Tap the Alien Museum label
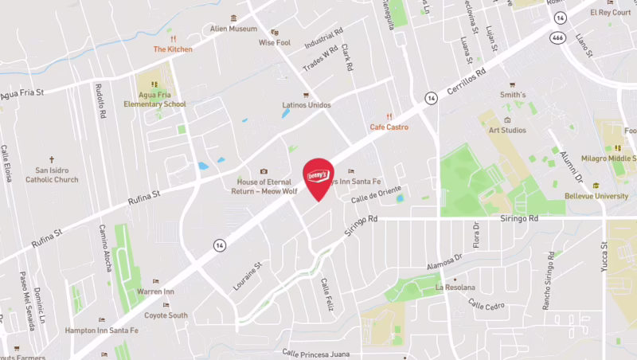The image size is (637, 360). pyautogui.click(x=233, y=29)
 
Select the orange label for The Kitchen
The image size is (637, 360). pyautogui.click(x=173, y=49)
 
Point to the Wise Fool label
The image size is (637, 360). pyautogui.click(x=274, y=42)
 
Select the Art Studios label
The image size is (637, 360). pyautogui.click(x=507, y=130)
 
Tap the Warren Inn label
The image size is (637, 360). pyautogui.click(x=156, y=292)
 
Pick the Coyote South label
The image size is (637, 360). pyautogui.click(x=166, y=315)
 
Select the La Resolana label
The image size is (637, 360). pyautogui.click(x=455, y=287)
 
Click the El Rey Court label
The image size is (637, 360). pyautogui.click(x=610, y=13)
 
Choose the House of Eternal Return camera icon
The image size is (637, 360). pyautogui.click(x=264, y=171)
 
